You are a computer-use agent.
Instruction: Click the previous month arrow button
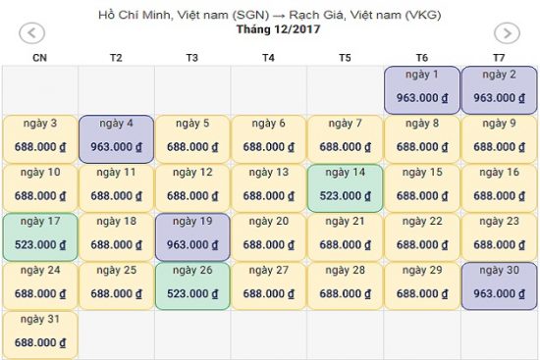coord(31,33)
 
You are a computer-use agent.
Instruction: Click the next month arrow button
coord(506,33)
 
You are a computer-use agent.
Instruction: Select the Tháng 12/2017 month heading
coord(271,29)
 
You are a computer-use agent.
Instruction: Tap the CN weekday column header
coord(39,58)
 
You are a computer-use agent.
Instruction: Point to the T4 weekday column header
coord(268,58)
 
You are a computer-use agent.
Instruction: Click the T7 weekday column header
coord(499,58)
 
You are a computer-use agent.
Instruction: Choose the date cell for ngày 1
coord(422,89)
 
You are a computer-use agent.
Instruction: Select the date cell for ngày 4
coord(116,138)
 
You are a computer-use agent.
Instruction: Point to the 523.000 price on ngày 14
coord(346,196)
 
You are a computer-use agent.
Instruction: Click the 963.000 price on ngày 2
coord(499,98)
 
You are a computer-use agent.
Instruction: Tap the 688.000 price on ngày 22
coord(422,245)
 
